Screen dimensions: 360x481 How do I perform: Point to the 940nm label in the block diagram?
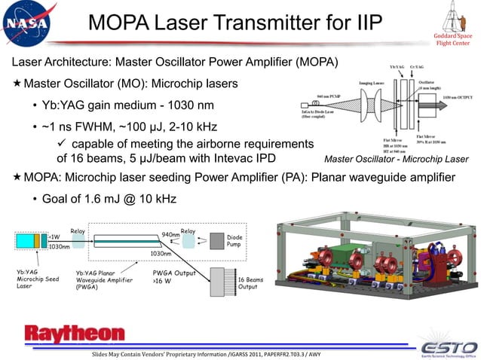click(x=170, y=234)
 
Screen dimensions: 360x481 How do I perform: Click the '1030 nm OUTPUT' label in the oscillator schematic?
click(x=457, y=98)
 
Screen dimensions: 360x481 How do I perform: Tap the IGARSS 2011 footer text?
click(x=253, y=353)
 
